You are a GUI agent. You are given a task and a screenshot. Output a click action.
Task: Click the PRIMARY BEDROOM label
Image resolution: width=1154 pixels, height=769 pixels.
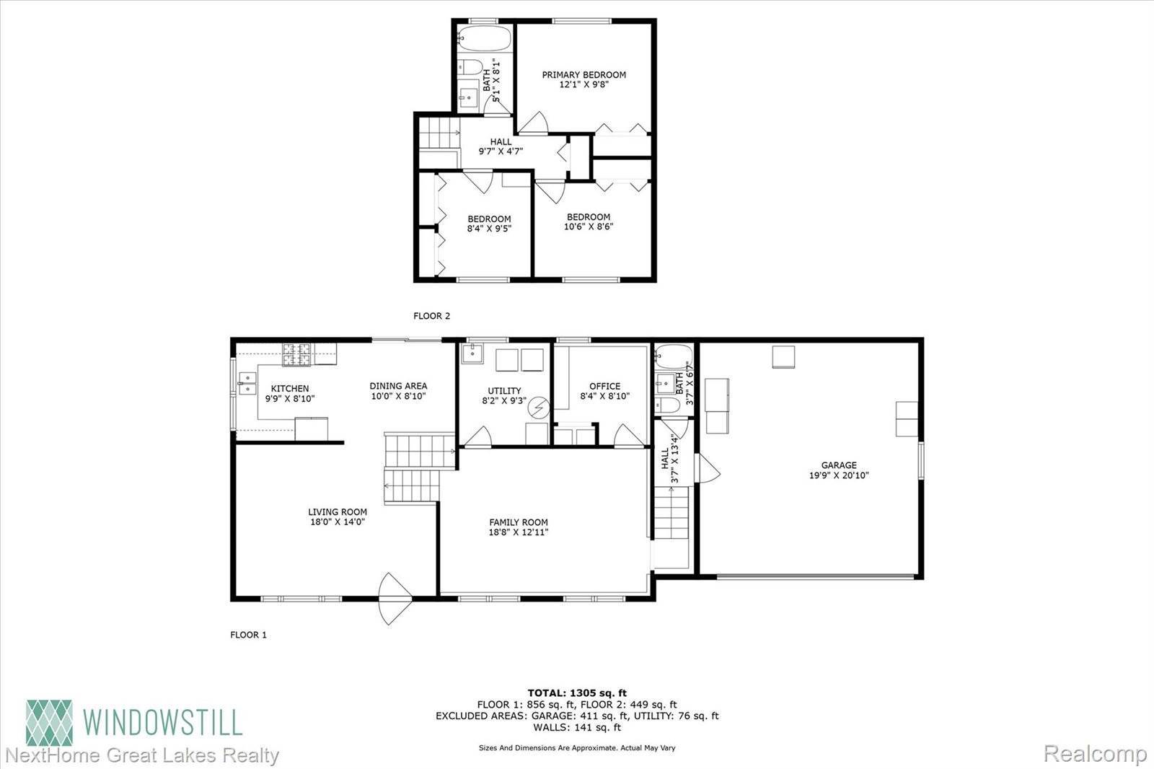[x=583, y=74]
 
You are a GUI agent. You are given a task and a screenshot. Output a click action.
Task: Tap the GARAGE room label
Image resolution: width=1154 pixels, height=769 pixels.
[x=838, y=465]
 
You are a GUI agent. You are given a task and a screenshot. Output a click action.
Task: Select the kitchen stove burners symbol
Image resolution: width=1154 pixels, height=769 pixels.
[x=297, y=355]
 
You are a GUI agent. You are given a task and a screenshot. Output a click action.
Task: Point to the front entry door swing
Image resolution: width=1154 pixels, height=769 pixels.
[x=395, y=599]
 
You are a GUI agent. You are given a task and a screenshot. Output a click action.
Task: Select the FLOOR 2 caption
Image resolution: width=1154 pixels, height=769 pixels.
[x=431, y=315]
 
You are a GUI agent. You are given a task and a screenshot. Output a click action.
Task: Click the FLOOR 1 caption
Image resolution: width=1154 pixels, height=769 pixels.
[x=248, y=635]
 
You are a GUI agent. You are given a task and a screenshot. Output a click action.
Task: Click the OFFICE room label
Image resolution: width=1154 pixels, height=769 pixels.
[x=604, y=386]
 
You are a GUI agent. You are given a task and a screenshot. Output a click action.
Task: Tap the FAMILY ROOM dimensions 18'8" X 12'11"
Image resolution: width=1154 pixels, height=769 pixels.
[x=518, y=533]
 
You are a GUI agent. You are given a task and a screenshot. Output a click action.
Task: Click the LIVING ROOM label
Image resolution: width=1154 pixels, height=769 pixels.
[x=338, y=512]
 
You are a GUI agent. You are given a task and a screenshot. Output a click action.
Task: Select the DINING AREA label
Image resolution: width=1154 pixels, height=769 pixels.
[x=398, y=386]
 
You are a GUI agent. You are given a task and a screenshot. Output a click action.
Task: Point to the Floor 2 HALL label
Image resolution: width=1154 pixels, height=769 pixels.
[x=501, y=141]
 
